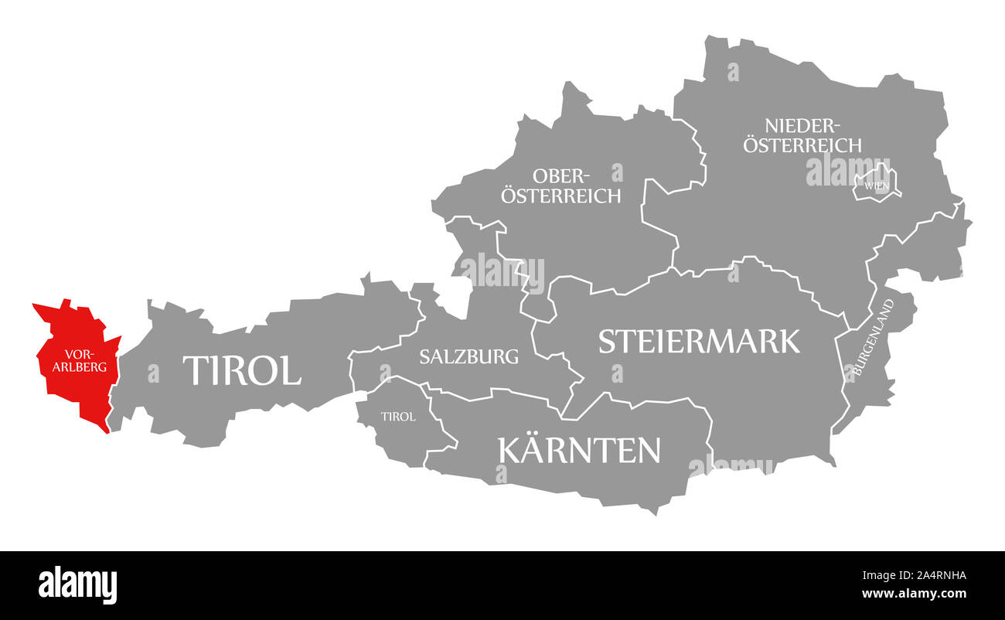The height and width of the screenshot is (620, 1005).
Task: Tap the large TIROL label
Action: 241,371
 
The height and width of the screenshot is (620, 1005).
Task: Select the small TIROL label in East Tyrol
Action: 398,417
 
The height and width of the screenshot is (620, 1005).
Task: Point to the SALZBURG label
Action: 468,356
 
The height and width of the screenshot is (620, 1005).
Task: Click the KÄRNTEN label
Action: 580,450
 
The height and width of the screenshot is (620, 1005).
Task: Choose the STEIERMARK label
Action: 699,341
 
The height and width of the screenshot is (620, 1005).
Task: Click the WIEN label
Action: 877,186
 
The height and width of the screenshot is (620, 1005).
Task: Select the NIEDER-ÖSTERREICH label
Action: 802,135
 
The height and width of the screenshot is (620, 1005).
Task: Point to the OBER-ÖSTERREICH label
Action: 560,186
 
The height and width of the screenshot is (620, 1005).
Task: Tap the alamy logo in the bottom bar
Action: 78,584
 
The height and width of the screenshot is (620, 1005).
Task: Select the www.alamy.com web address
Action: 914,594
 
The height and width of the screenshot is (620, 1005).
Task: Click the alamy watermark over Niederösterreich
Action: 847,170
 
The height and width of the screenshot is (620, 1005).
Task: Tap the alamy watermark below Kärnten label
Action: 731,465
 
